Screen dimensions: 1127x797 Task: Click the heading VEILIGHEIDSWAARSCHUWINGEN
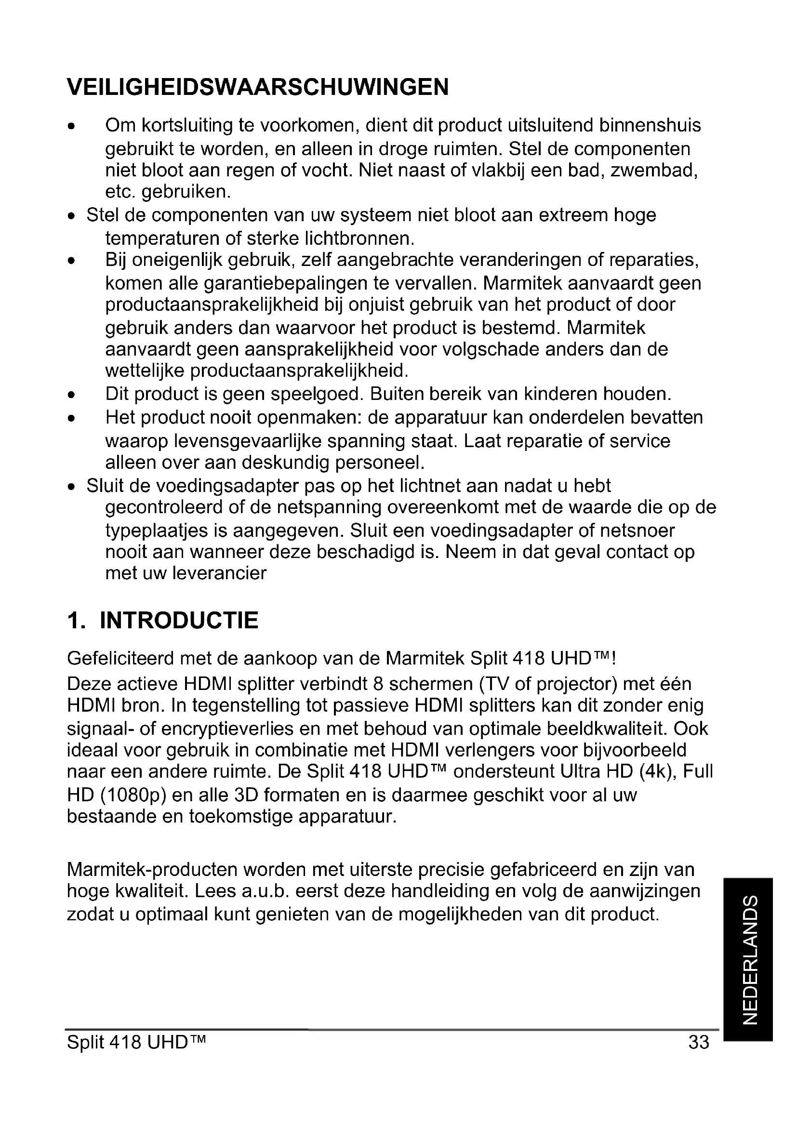(x=258, y=87)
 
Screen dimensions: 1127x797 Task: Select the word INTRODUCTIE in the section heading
(x=179, y=621)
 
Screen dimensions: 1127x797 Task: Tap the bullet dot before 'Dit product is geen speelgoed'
(x=72, y=395)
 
